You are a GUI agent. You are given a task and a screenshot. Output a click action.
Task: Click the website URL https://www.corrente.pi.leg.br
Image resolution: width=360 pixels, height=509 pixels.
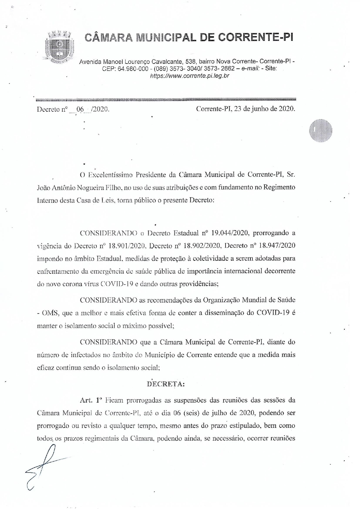point(190,76)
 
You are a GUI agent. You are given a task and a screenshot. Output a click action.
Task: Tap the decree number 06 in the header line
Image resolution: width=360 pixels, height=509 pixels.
point(80,109)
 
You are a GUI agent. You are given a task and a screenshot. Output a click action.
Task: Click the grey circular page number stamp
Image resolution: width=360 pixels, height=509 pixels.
point(320,131)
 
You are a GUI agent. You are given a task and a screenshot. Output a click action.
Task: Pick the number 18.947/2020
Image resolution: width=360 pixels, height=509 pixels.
point(277,246)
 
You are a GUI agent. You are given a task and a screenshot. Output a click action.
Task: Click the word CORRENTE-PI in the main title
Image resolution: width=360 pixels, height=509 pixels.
point(255,37)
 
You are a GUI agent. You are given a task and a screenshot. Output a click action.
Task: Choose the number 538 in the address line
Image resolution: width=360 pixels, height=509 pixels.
point(191,61)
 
